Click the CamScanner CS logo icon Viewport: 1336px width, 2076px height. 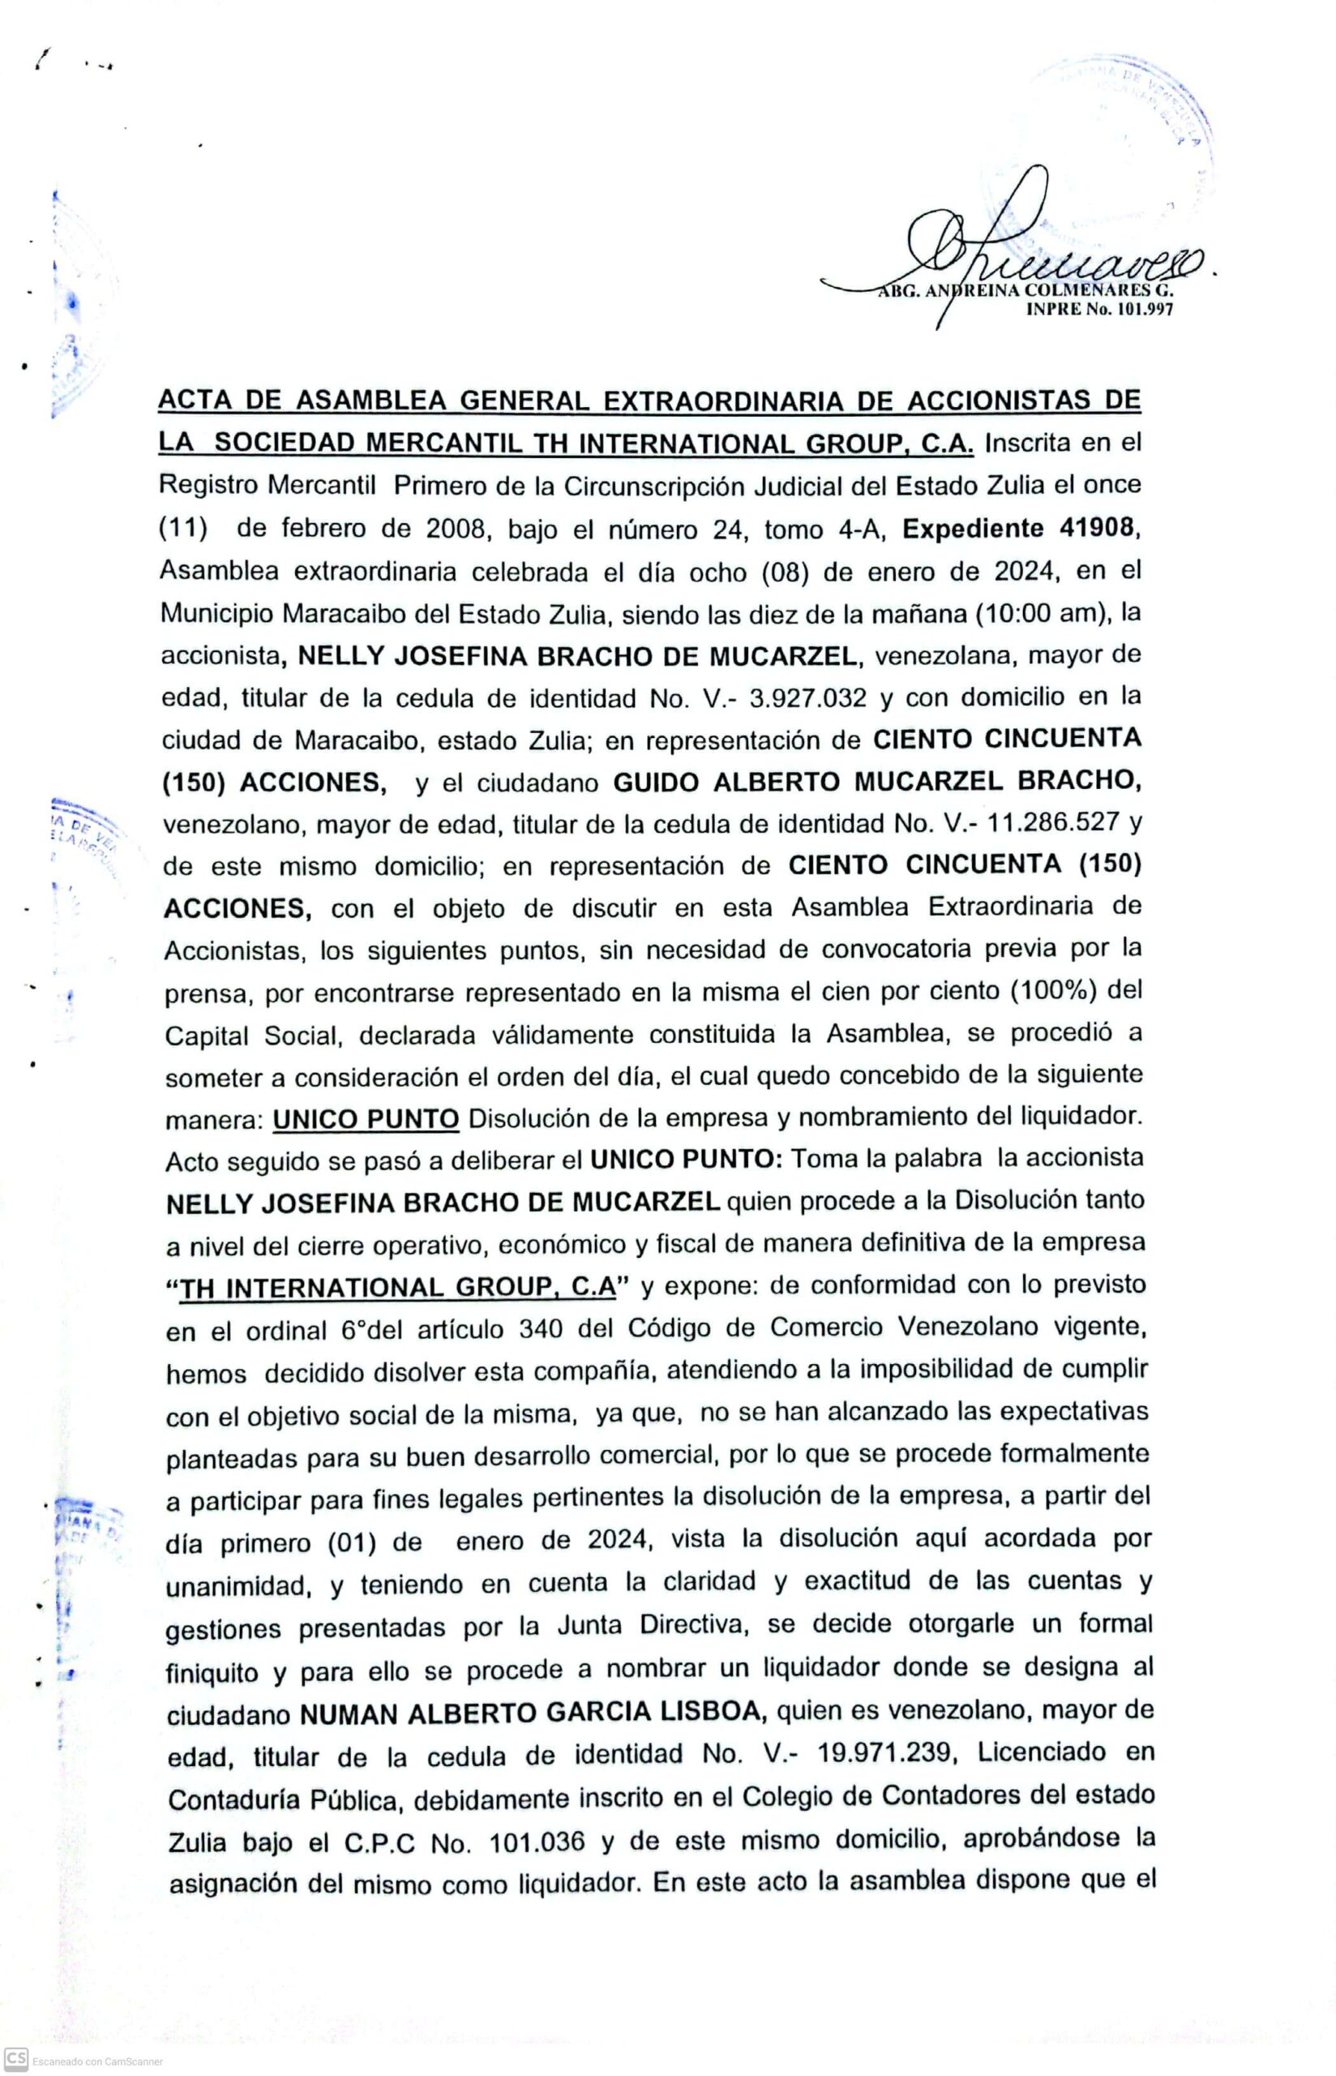point(15,2058)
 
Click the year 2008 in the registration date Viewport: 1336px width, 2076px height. point(456,530)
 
